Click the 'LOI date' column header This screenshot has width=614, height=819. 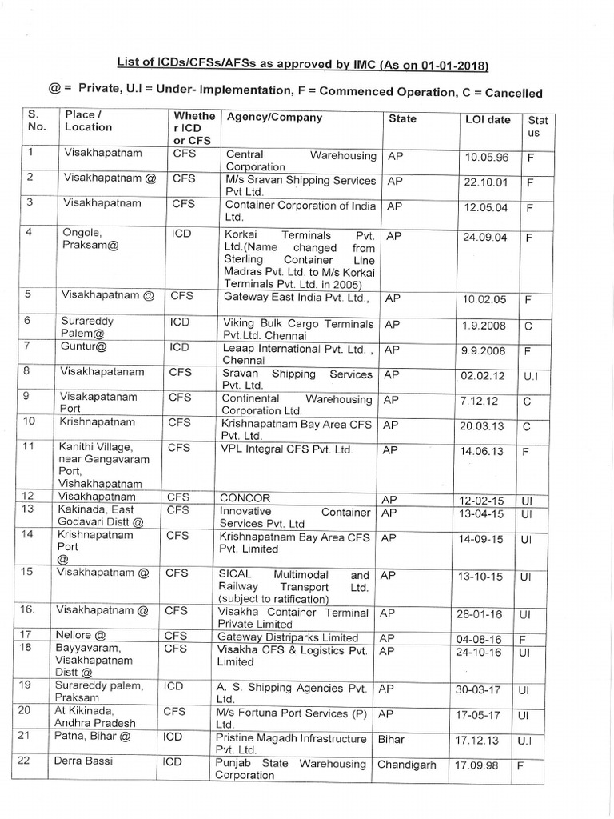[x=487, y=120]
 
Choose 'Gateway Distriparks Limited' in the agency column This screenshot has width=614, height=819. [x=289, y=637]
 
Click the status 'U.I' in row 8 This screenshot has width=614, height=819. [x=531, y=375]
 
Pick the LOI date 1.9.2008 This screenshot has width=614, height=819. [x=484, y=326]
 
